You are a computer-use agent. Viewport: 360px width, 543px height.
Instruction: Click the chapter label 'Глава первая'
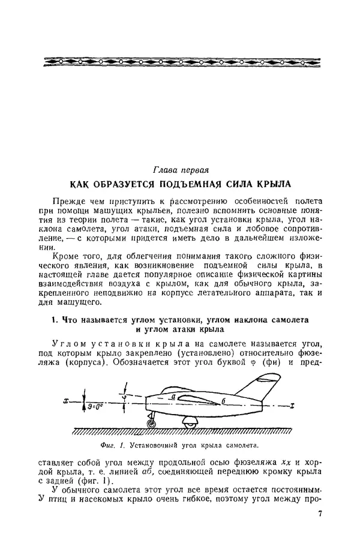[x=181, y=170]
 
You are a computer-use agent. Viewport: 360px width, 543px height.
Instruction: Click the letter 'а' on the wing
[x=172, y=397]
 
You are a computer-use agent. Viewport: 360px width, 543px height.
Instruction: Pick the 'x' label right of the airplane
[x=290, y=406]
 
